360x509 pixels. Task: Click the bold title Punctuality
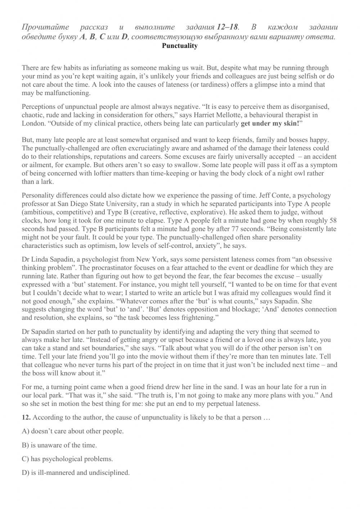180,46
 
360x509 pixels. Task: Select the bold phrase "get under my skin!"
270,124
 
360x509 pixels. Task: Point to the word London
33,124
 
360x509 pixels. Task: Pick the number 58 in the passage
333,220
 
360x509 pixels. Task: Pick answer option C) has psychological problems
67,459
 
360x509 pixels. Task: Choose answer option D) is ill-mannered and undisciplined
76,473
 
